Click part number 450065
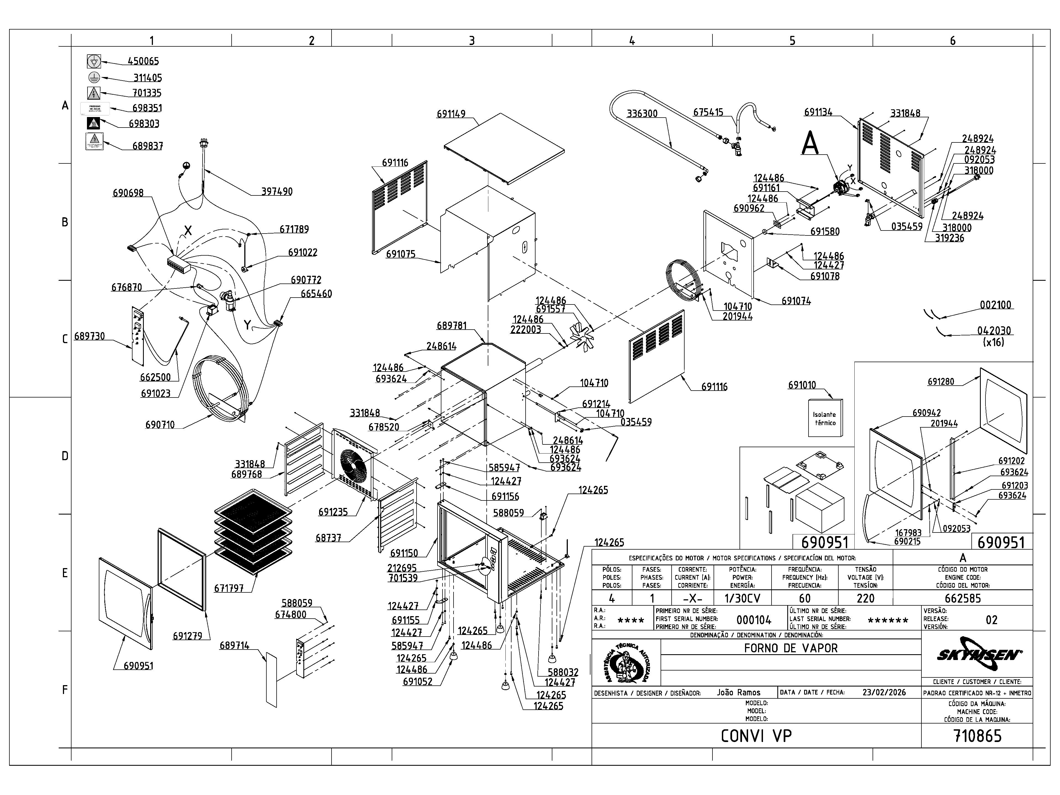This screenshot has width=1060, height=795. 143,61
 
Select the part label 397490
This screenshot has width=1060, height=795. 277,192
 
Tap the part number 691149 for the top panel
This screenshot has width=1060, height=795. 451,114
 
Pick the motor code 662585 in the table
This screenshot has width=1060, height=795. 963,598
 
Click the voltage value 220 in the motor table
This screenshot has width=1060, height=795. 865,598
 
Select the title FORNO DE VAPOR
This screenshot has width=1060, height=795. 791,648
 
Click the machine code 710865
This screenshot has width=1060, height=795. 977,736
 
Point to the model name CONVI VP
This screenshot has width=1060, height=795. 756,736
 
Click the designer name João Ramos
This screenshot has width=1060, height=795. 738,692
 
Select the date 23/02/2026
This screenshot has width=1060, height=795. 884,692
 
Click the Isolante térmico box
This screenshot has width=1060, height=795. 825,418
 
